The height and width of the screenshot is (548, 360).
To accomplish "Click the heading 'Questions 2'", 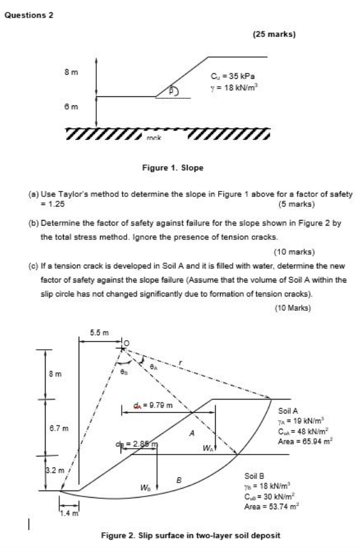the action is click(x=29, y=15).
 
